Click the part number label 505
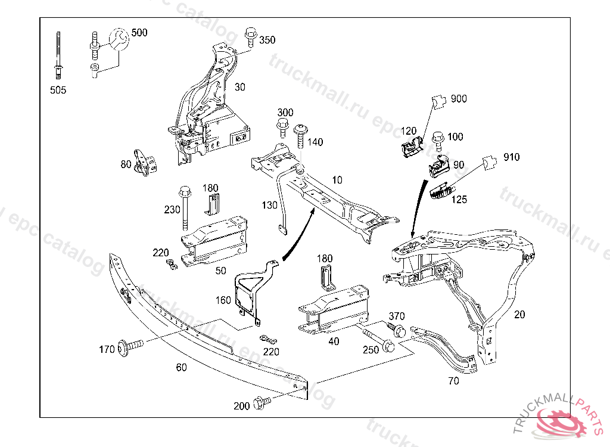(58, 90)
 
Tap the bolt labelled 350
(250, 36)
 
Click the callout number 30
(239, 87)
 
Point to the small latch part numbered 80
(145, 163)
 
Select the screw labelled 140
(300, 138)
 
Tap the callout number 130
(270, 205)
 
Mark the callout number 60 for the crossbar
(181, 368)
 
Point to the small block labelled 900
(439, 101)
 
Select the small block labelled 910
(490, 162)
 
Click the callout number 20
(519, 314)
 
